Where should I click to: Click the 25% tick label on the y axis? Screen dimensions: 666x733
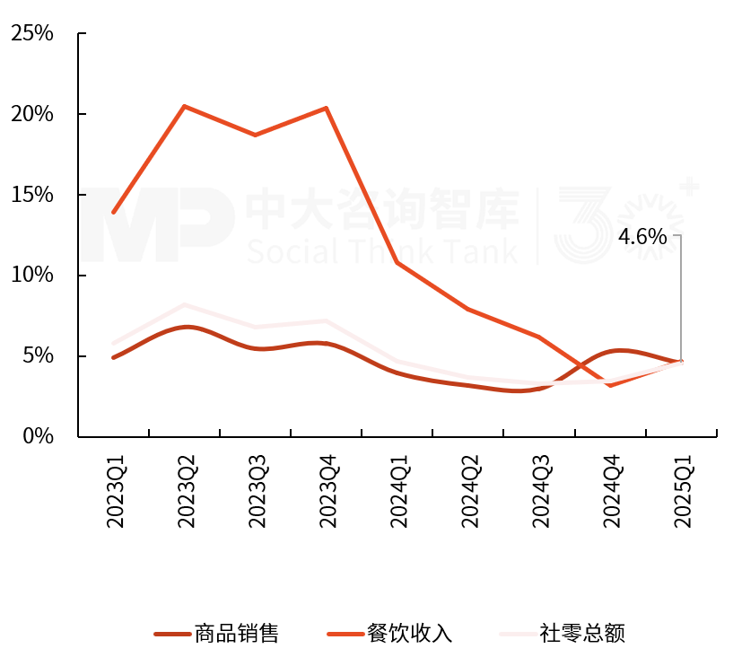(32, 34)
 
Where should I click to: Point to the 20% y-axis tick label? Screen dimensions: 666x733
(32, 115)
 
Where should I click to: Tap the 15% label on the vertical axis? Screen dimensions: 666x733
(32, 196)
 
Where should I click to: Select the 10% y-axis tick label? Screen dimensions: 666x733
(32, 276)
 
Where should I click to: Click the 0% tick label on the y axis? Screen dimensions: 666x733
(39, 437)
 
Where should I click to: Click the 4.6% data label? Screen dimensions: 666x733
(642, 237)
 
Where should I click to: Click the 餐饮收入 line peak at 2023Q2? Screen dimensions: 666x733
(184, 107)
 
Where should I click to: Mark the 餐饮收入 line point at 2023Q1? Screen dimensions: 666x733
(113, 213)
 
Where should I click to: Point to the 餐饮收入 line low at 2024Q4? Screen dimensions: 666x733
(610, 385)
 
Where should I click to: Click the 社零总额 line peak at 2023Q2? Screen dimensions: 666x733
(184, 305)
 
